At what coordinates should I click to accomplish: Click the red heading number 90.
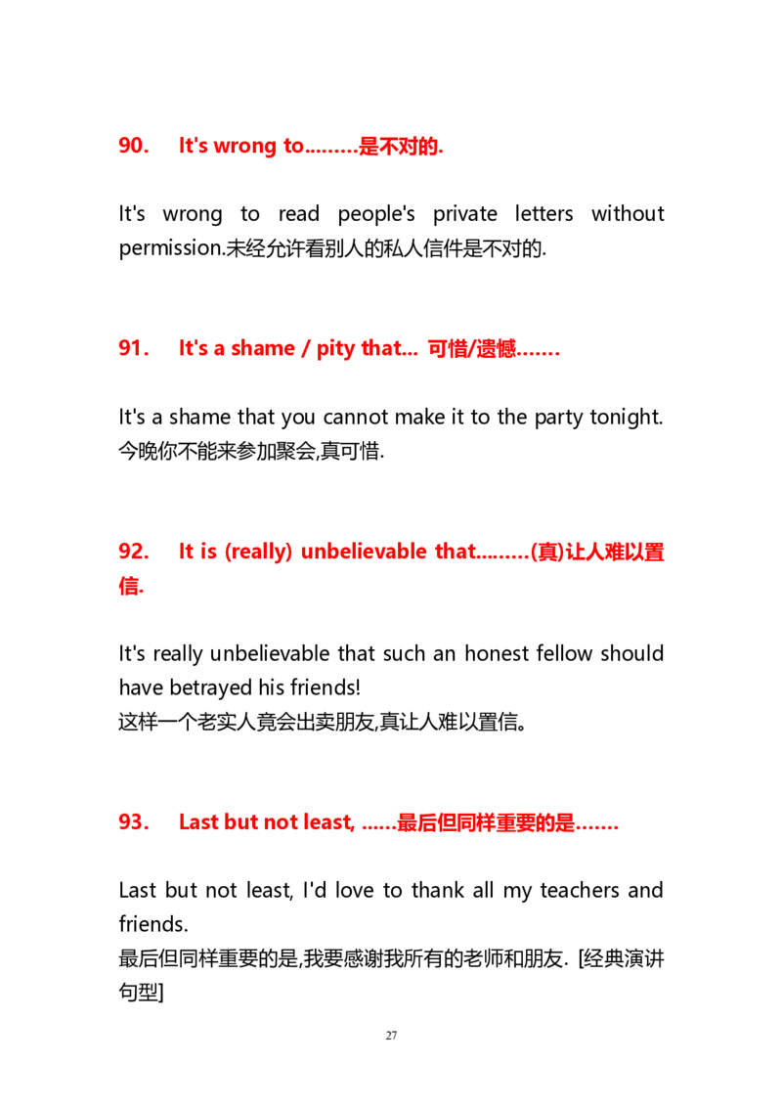(x=133, y=146)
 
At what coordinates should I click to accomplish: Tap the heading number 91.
(x=133, y=348)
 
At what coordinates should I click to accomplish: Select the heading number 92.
(x=133, y=552)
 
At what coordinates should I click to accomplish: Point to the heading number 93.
(x=133, y=821)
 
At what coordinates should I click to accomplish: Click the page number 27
(x=391, y=1036)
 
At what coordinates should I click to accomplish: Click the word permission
(x=171, y=248)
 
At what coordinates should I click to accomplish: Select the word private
(x=464, y=214)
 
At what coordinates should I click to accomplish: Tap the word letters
(x=543, y=214)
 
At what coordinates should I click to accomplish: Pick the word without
(x=628, y=214)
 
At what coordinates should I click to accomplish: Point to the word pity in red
(x=335, y=349)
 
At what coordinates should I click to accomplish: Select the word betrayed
(x=211, y=688)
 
